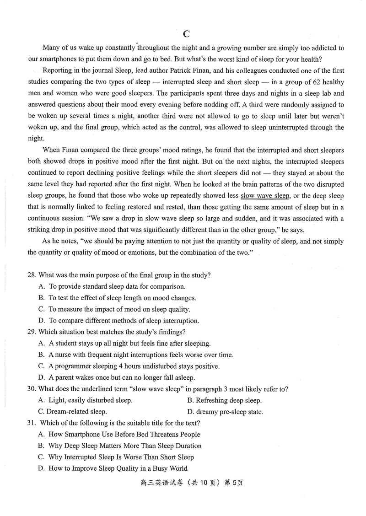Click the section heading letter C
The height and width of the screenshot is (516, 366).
(x=186, y=34)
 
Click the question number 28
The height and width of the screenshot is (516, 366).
(x=32, y=275)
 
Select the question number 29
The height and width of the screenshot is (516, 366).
(x=32, y=332)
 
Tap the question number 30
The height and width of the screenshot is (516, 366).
(x=32, y=389)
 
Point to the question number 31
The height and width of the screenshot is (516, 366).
(x=32, y=423)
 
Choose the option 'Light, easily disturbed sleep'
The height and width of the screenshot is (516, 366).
(x=86, y=401)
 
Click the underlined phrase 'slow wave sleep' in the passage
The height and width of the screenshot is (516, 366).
(x=265, y=196)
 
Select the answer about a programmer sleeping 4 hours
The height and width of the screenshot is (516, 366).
(x=129, y=366)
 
